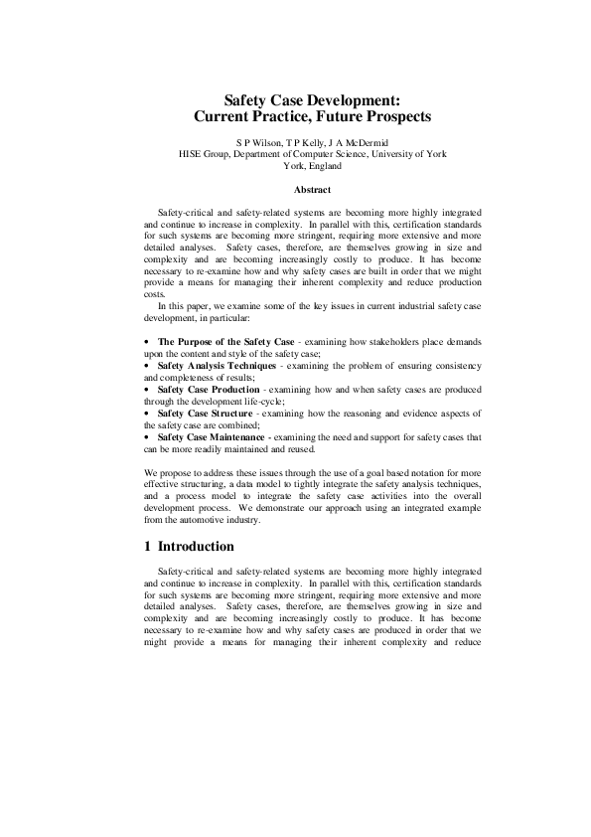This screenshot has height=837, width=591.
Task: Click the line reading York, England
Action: point(313,166)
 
